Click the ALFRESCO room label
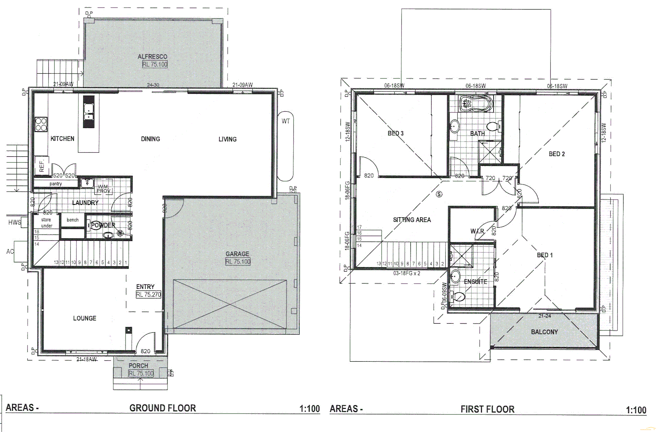pos(152,57)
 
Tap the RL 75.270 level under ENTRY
pos(148,294)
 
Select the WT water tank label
pos(286,121)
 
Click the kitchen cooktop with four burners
pos(41,124)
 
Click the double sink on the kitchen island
pos(88,112)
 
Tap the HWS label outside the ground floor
pos(14,222)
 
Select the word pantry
pos(56,184)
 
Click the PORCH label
pos(138,366)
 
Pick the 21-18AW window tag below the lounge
pos(87,360)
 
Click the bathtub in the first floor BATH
pos(474,104)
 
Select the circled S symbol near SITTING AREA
pos(439,194)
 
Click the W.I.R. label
pos(477,232)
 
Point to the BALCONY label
pos(544,332)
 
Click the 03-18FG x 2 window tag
pos(407,273)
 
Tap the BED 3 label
pos(395,133)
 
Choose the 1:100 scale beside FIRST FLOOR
pos(636,410)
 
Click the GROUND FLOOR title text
pos(162,408)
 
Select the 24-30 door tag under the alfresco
pos(153,85)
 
